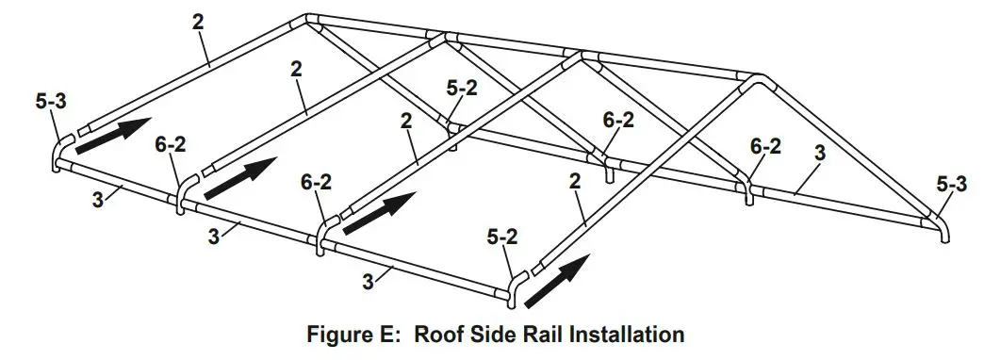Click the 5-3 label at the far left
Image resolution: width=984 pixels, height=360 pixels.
(52, 101)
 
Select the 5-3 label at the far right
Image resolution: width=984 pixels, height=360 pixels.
(953, 186)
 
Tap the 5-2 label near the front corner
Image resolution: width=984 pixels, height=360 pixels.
(502, 238)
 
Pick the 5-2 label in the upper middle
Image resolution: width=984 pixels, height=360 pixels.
(462, 87)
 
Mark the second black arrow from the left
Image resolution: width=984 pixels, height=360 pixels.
(240, 177)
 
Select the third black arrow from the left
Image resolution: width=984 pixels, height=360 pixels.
(380, 211)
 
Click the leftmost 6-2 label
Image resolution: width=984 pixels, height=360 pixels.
(172, 144)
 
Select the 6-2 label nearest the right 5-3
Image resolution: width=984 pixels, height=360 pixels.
(764, 146)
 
